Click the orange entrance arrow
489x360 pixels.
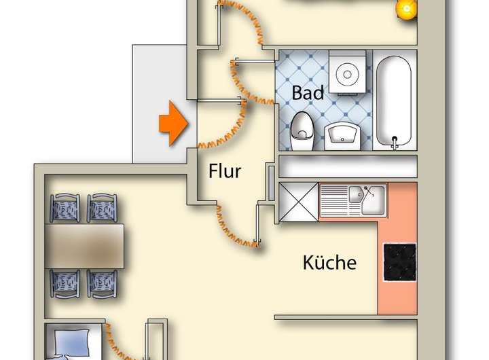pyautogui.click(x=173, y=124)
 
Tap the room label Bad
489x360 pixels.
pyautogui.click(x=308, y=92)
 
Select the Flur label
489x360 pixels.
pyautogui.click(x=225, y=171)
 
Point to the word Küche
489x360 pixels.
pyautogui.click(x=329, y=262)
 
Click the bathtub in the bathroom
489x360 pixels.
pyautogui.click(x=394, y=101)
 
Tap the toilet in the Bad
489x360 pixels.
pyautogui.click(x=302, y=132)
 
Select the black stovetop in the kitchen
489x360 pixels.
pyautogui.click(x=399, y=262)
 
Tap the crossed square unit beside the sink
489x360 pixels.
pyautogui.click(x=299, y=202)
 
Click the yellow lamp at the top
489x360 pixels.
pyautogui.click(x=407, y=9)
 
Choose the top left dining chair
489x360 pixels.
pyautogui.click(x=66, y=206)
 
